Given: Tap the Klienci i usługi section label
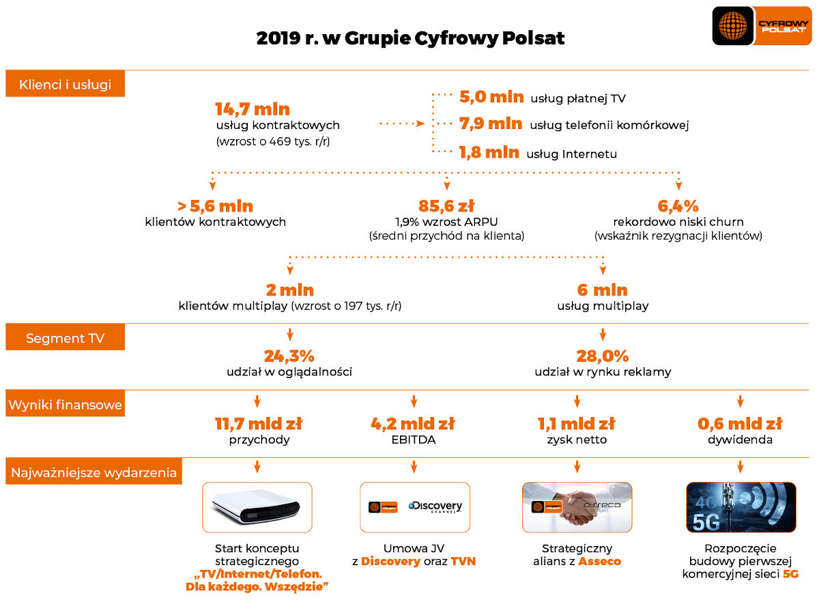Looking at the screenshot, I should click(x=65, y=85).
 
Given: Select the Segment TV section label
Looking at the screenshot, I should click(x=65, y=338).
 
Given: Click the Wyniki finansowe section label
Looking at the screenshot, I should click(x=65, y=405).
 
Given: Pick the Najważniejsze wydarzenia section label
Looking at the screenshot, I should click(x=94, y=472).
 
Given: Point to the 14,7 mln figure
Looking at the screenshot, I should click(x=253, y=109).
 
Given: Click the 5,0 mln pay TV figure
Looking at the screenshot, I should click(x=491, y=97).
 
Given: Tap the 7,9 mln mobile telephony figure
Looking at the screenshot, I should click(x=490, y=124).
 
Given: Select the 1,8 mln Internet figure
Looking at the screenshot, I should click(x=489, y=152).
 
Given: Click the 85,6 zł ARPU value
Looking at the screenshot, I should click(x=446, y=206).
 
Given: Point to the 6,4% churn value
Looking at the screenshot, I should click(x=678, y=206).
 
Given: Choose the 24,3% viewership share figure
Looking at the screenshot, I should click(x=289, y=356).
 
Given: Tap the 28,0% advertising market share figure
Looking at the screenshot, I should click(x=603, y=356).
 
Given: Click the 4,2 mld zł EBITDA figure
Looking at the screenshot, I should click(x=413, y=424).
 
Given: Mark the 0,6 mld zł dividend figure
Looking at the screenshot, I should click(x=740, y=424).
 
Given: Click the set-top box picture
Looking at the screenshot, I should click(x=257, y=507).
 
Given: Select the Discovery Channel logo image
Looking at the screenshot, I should click(x=435, y=507).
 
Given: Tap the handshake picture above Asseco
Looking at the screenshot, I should click(x=577, y=507).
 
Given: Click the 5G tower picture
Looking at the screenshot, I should click(x=741, y=507).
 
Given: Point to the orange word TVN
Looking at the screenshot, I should click(x=463, y=562).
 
